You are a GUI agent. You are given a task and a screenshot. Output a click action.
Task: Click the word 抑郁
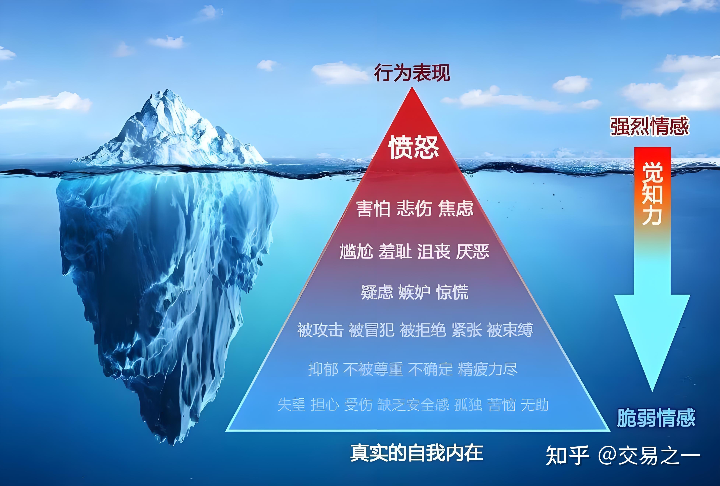click(x=323, y=369)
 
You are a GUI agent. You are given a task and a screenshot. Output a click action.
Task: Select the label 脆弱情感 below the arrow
click(x=656, y=418)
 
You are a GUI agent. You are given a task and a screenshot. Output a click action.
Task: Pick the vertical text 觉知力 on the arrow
click(x=652, y=193)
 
